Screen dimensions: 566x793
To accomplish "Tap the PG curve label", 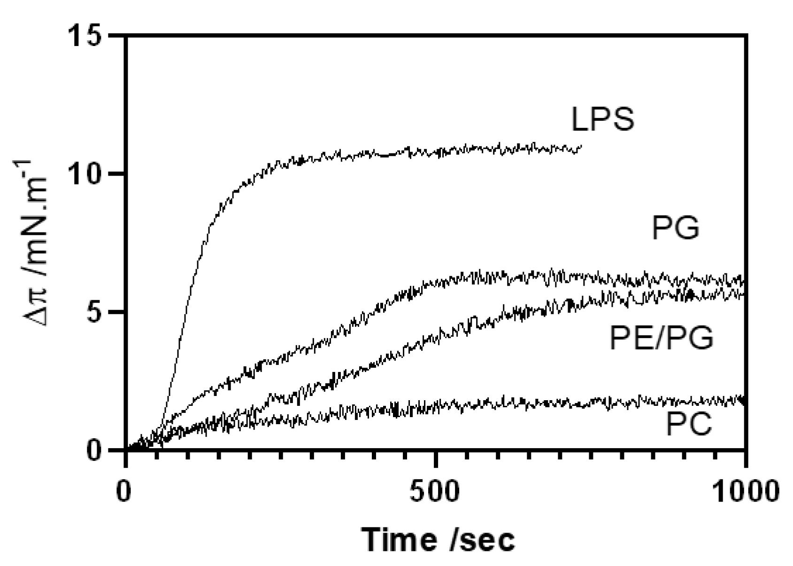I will [675, 228].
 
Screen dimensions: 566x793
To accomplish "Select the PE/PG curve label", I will [662, 338].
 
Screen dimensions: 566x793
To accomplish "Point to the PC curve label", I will [689, 425].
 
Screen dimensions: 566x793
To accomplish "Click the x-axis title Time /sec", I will [438, 539].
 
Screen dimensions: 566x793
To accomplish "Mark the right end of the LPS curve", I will [581, 146].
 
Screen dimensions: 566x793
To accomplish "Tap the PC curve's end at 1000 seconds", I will [745, 400].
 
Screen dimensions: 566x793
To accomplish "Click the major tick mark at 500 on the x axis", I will [437, 459].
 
